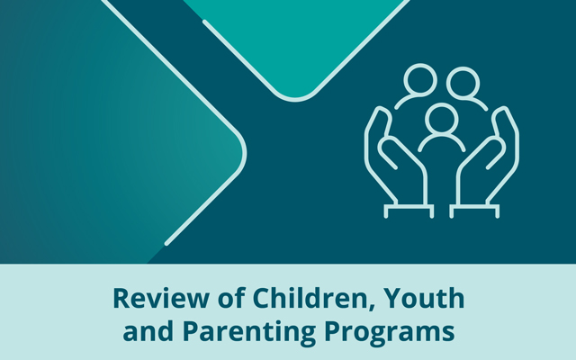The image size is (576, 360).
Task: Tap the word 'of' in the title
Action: [231, 298]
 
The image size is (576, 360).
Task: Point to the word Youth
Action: [424, 298]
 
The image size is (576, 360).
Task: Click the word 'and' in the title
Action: [148, 330]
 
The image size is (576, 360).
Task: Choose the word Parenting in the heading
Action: [249, 333]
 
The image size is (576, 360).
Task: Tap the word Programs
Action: [390, 333]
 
